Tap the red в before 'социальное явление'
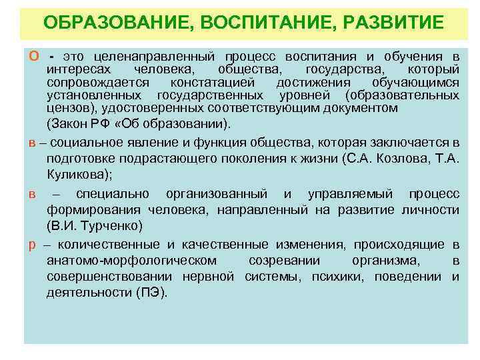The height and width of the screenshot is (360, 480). coord(31,143)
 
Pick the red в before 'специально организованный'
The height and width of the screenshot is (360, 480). coord(31,194)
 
